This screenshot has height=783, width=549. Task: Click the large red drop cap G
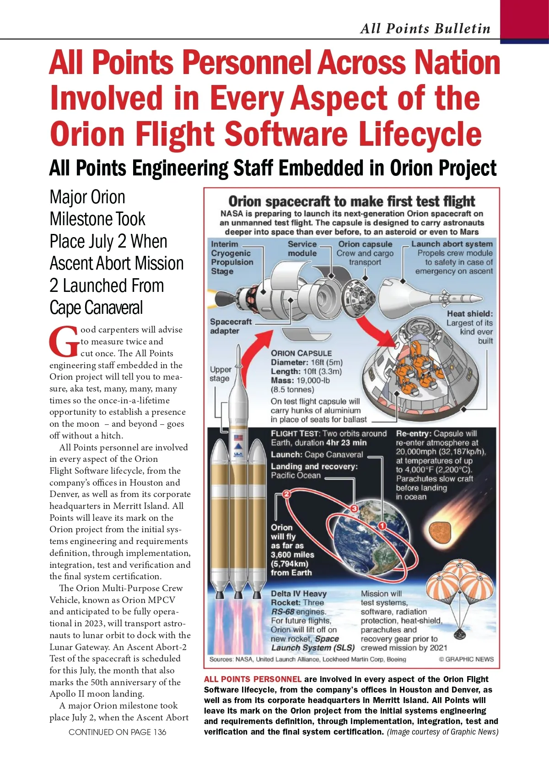pos(64,341)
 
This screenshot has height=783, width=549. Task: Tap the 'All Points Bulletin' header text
pos(425,28)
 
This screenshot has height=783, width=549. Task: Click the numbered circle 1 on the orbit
pos(382,526)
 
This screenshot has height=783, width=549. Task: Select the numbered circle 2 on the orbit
pos(287,494)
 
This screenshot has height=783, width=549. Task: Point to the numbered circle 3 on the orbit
pos(354,509)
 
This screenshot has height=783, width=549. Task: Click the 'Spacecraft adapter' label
pos(231,326)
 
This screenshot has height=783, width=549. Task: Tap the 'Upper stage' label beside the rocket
pos(220,374)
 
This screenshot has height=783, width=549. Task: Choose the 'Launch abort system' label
pos(452,244)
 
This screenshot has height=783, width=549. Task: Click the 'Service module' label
pos(302,249)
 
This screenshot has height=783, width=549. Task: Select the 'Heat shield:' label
pos(470,314)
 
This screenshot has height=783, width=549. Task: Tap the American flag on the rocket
pos(238,438)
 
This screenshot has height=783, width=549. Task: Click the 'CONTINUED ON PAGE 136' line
pos(117,732)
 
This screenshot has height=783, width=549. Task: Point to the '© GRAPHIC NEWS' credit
pos(466,659)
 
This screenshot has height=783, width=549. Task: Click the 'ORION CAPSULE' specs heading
pos(301,353)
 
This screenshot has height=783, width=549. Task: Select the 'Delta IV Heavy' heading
pos(299,593)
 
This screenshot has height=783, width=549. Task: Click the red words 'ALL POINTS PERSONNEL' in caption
pos(253,679)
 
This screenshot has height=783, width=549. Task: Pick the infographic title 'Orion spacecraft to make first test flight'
pos(351,201)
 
